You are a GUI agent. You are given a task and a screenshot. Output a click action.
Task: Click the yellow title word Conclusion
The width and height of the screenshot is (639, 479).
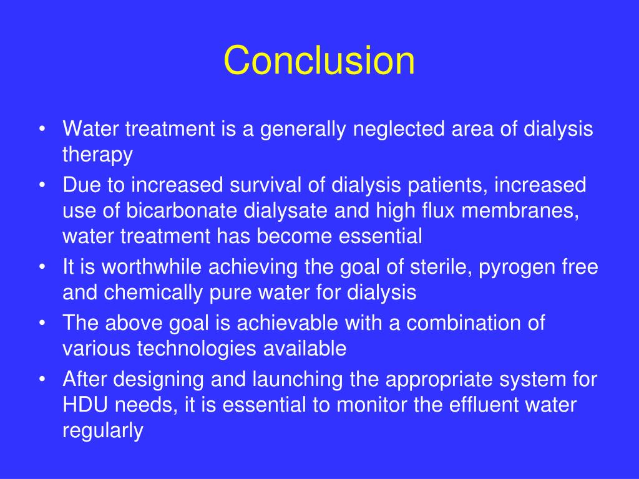click(x=319, y=61)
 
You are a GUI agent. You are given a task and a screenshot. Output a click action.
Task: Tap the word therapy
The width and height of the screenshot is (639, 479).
click(x=97, y=155)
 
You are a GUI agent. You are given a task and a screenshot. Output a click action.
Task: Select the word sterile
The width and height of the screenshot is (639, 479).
click(x=422, y=267)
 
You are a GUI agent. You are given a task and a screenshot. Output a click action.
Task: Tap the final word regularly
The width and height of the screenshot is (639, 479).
click(x=103, y=431)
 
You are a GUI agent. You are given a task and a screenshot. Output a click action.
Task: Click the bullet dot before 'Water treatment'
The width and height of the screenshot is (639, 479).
click(x=42, y=130)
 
